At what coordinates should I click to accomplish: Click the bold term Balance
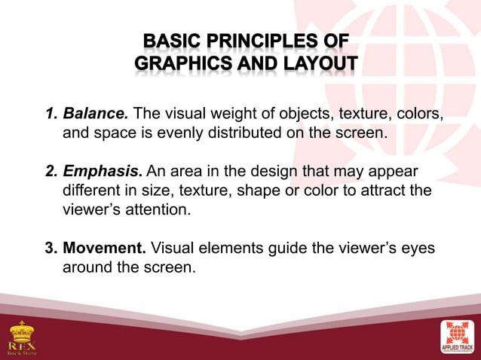pos(96,114)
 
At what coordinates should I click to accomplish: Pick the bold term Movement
pos(106,247)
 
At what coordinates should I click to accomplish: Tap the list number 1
pos(51,114)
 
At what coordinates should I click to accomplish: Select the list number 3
pos(51,247)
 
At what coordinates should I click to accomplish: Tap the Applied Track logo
pos(458,336)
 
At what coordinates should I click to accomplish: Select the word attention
pos(156,209)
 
